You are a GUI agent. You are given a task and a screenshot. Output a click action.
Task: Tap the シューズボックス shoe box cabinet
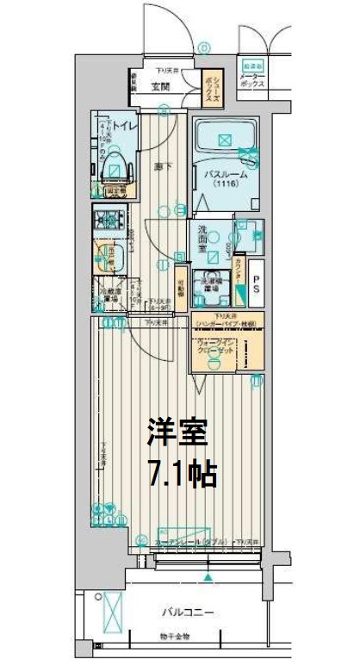click(210, 87)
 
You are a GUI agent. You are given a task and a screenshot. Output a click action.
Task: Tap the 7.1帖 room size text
click(180, 472)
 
